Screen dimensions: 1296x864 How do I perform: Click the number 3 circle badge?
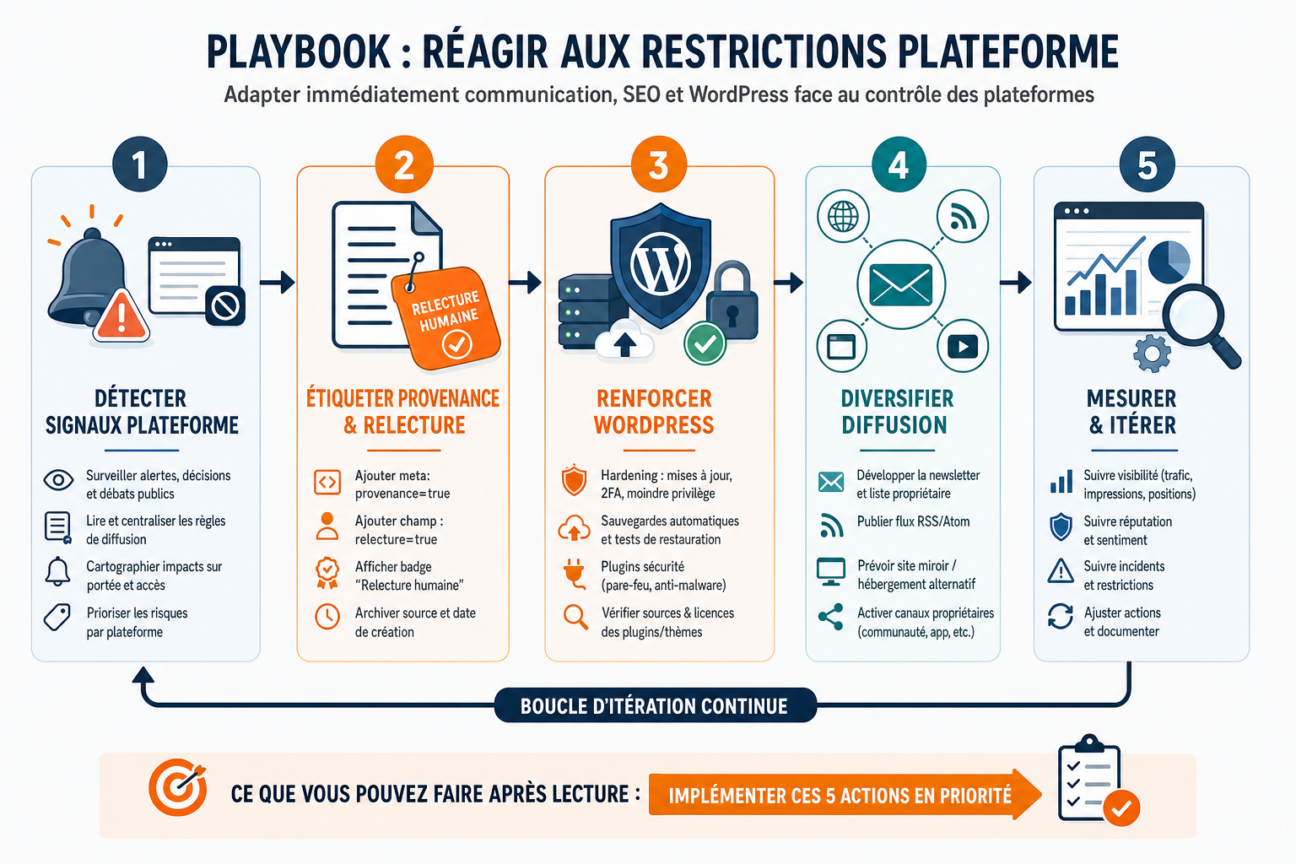tap(659, 165)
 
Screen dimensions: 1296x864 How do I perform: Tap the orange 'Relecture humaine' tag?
tap(446, 318)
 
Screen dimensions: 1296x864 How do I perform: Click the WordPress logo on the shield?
tap(661, 263)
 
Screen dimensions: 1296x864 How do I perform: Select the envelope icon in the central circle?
tap(901, 284)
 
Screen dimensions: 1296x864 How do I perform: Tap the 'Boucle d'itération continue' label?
tap(655, 706)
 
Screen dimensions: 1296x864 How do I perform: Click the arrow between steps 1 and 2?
tap(277, 283)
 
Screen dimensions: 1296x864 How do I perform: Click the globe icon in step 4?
tap(843, 217)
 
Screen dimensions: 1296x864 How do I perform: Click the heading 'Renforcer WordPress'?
tap(654, 412)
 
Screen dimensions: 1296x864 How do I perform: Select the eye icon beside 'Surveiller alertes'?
tap(58, 480)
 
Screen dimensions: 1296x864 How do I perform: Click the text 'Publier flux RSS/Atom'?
tap(913, 521)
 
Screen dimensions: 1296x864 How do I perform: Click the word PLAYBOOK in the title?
tap(299, 52)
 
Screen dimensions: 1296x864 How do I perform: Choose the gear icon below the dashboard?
tap(1152, 353)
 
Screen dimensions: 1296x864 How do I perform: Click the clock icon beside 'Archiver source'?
tap(327, 616)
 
